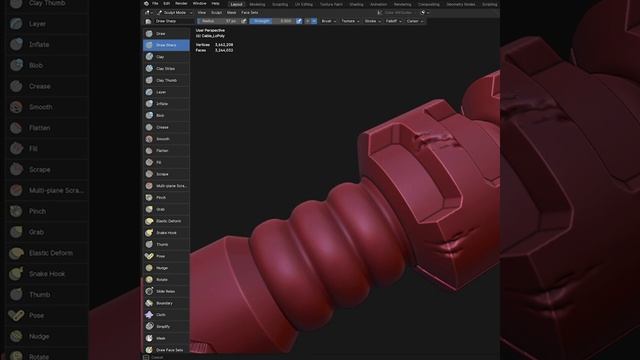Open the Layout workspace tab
pyautogui.click(x=236, y=4)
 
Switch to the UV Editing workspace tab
pyautogui.click(x=304, y=4)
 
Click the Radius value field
pyautogui.click(x=218, y=20)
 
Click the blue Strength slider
pyautogui.click(x=271, y=20)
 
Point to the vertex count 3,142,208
pyautogui.click(x=224, y=44)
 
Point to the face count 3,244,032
pyautogui.click(x=224, y=49)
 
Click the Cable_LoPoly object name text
pyautogui.click(x=214, y=35)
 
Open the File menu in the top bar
pyautogui.click(x=155, y=4)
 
